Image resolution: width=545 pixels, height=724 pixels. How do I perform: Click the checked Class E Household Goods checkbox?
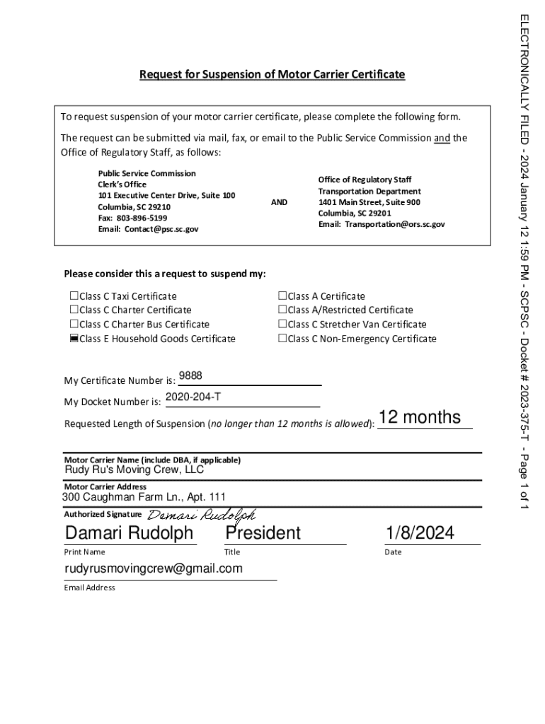[74, 339]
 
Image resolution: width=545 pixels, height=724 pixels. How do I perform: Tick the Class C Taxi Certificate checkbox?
[74, 296]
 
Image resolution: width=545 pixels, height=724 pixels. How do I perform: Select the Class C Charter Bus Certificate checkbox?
[74, 325]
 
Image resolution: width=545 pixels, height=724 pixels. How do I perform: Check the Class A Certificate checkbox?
[282, 296]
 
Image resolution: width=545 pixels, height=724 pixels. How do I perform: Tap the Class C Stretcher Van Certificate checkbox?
[282, 325]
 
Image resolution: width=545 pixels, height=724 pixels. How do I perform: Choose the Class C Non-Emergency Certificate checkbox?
[282, 339]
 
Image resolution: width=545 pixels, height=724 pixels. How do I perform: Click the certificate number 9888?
[190, 376]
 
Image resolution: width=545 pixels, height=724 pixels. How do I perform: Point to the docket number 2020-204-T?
[193, 397]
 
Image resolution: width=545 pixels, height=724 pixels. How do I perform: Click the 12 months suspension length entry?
[420, 418]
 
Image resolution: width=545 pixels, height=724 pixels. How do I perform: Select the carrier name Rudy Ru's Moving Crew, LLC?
[134, 469]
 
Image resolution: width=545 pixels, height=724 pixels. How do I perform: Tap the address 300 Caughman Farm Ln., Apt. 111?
[144, 497]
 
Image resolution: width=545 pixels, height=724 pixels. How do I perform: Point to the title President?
[263, 532]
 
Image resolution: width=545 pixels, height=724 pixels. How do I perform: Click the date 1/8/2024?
[420, 532]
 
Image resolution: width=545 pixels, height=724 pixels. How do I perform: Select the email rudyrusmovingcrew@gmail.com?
[154, 568]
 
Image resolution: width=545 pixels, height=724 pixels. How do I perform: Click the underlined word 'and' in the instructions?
[442, 138]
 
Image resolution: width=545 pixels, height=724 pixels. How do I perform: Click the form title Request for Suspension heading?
[272, 74]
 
